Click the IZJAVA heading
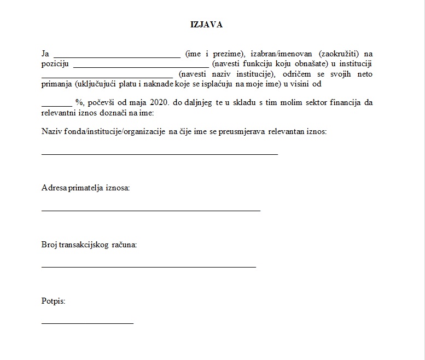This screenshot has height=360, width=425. pyautogui.click(x=206, y=25)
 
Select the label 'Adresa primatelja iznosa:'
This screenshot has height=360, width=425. pyautogui.click(x=85, y=188)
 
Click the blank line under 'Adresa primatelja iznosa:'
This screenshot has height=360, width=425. pyautogui.click(x=150, y=210)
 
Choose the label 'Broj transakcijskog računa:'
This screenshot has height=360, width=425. pyautogui.click(x=89, y=245)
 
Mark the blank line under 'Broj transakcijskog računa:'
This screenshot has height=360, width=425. pyautogui.click(x=148, y=267)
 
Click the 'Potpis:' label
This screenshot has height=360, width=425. pyautogui.click(x=53, y=301)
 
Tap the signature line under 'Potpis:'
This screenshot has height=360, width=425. pyautogui.click(x=88, y=323)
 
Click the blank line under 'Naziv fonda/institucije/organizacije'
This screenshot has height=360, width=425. pyautogui.click(x=160, y=154)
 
